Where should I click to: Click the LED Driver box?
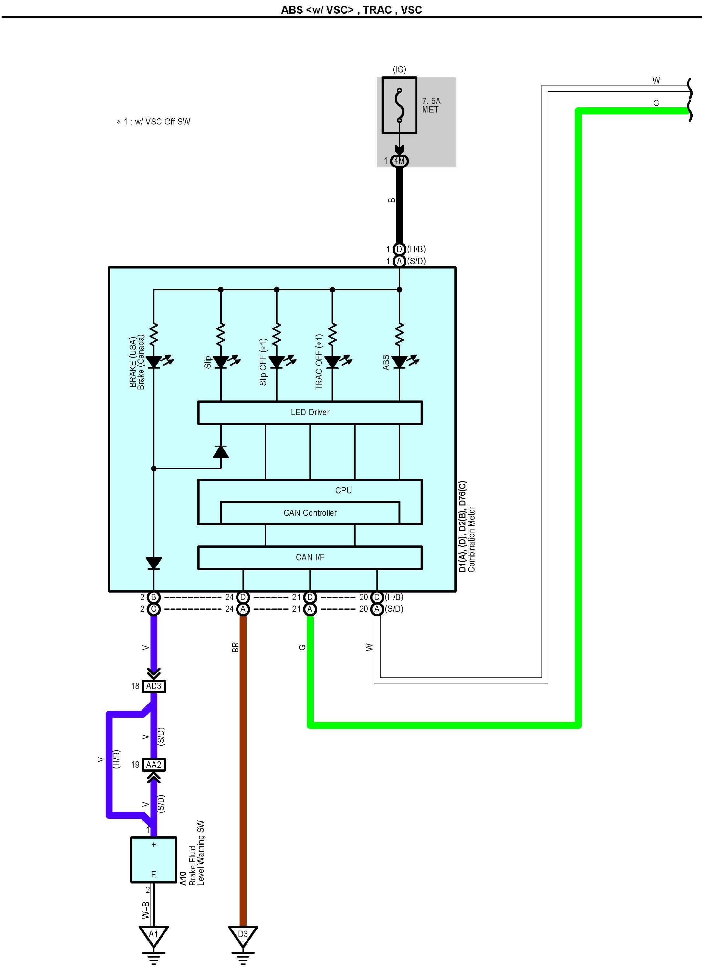pos(310,413)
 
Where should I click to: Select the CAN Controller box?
pos(310,513)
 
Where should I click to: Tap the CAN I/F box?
pos(310,558)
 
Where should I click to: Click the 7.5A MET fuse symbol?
pos(399,105)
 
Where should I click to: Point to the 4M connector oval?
pos(399,161)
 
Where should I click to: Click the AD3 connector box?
pos(153,686)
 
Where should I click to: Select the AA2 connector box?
pos(153,765)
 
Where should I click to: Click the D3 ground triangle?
pos(243,935)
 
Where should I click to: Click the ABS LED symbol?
pos(399,362)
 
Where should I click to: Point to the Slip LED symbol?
pos(221,362)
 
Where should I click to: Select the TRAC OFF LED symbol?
pos(332,362)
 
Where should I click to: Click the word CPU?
pos(343,490)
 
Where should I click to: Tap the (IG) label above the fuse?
pos(399,69)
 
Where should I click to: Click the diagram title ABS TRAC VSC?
pos(351,10)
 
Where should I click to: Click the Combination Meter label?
pos(471,539)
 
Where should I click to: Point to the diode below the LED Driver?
pos(221,452)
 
